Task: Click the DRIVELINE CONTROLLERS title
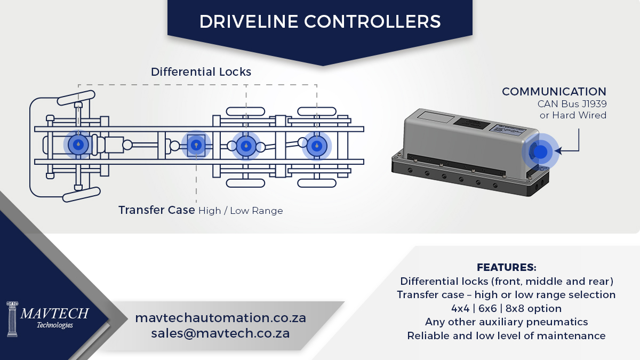320,22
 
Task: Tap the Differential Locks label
201,71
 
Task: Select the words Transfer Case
157,210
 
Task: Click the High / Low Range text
241,211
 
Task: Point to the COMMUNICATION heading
554,92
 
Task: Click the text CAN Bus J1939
572,103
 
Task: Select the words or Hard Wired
573,115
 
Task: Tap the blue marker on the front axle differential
78,145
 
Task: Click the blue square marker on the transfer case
196,145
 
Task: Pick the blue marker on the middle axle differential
246,146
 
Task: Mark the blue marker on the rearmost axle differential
317,146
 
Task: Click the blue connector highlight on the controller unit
540,152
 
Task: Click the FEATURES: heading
507,267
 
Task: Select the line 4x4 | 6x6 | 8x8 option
507,309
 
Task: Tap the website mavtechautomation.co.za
221,318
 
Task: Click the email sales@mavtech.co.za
221,333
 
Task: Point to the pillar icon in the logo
12,319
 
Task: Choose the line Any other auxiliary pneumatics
507,322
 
